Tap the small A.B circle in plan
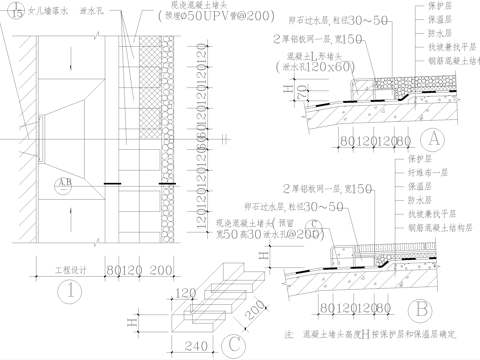coord(65,182)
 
